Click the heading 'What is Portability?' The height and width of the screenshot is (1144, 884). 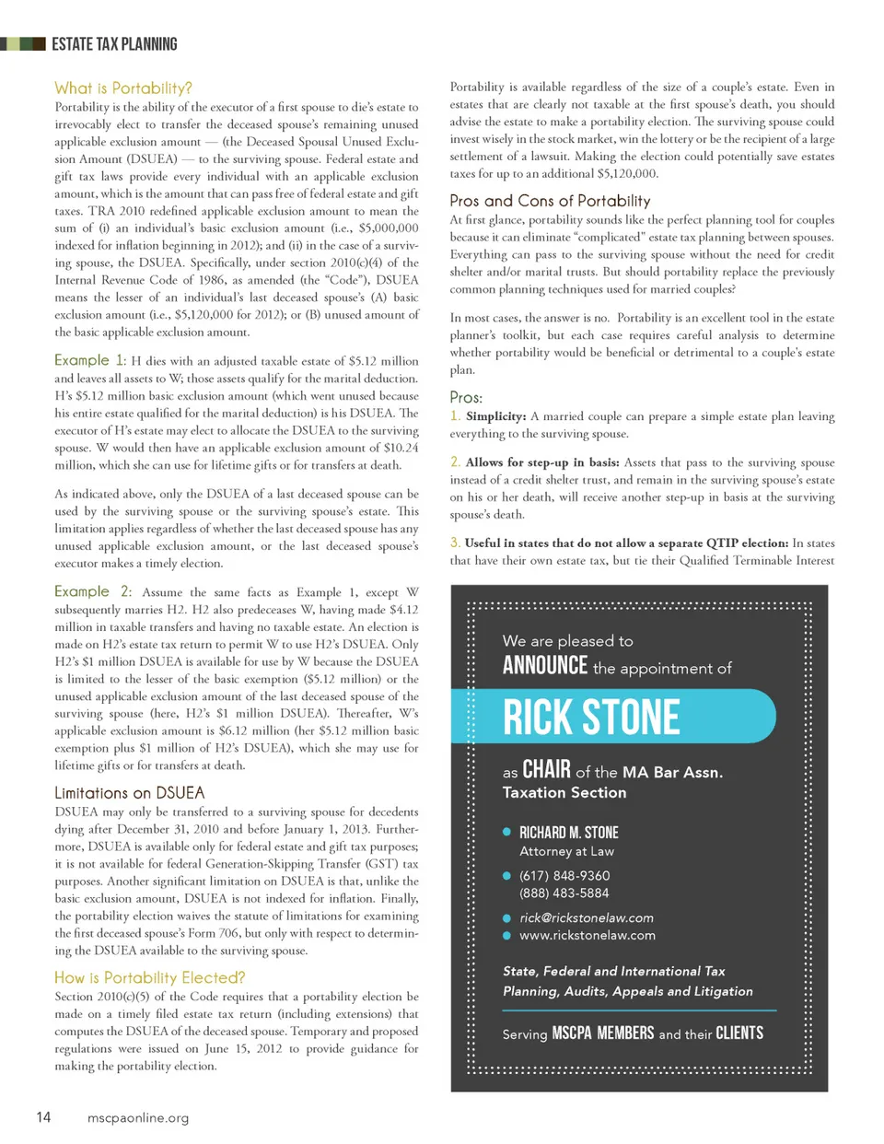pyautogui.click(x=123, y=88)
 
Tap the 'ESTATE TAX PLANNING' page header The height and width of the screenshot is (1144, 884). pyautogui.click(x=114, y=44)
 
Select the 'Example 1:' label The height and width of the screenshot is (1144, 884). pyautogui.click(x=89, y=360)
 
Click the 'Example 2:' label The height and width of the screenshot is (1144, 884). pyautogui.click(x=92, y=591)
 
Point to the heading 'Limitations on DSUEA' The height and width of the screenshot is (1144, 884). pyautogui.click(x=129, y=793)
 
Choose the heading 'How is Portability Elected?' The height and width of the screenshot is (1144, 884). pyautogui.click(x=149, y=977)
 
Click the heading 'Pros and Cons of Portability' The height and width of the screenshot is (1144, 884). pyautogui.click(x=550, y=201)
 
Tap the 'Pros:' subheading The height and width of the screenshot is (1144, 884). pyautogui.click(x=466, y=397)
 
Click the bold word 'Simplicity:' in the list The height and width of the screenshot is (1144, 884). pyautogui.click(x=495, y=416)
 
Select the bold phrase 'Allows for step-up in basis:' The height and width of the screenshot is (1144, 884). pyautogui.click(x=541, y=462)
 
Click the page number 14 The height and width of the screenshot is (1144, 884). pyautogui.click(x=43, y=1117)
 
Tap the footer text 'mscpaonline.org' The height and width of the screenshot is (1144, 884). pyautogui.click(x=138, y=1118)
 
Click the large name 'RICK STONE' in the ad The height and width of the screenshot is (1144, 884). pyautogui.click(x=591, y=718)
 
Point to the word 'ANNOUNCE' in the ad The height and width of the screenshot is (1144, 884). pyautogui.click(x=544, y=666)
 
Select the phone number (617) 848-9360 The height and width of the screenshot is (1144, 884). pyautogui.click(x=564, y=875)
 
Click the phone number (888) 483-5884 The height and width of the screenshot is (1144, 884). pyautogui.click(x=564, y=893)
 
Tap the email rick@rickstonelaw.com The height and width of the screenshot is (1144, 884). pyautogui.click(x=587, y=917)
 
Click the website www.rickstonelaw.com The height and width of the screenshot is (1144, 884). pyautogui.click(x=587, y=935)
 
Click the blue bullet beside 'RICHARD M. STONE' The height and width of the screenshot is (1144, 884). pyautogui.click(x=506, y=832)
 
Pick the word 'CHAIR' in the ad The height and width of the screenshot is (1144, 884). pyautogui.click(x=546, y=770)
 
